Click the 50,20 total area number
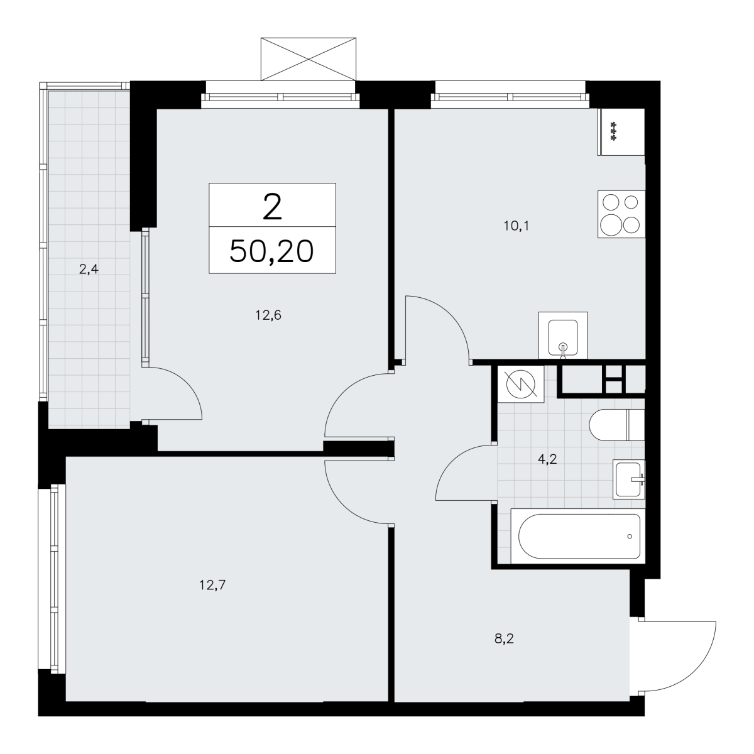[271, 251]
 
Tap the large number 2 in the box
[272, 207]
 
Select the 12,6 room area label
[268, 315]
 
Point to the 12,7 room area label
[212, 585]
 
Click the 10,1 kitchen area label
[516, 226]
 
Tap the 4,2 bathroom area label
[547, 459]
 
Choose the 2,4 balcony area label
[89, 269]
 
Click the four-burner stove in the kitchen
[621, 214]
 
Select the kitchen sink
[563, 336]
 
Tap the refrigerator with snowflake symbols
[621, 132]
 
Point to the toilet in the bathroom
[616, 425]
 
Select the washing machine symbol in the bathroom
[521, 384]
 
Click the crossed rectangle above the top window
[309, 59]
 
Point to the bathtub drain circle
[630, 537]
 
